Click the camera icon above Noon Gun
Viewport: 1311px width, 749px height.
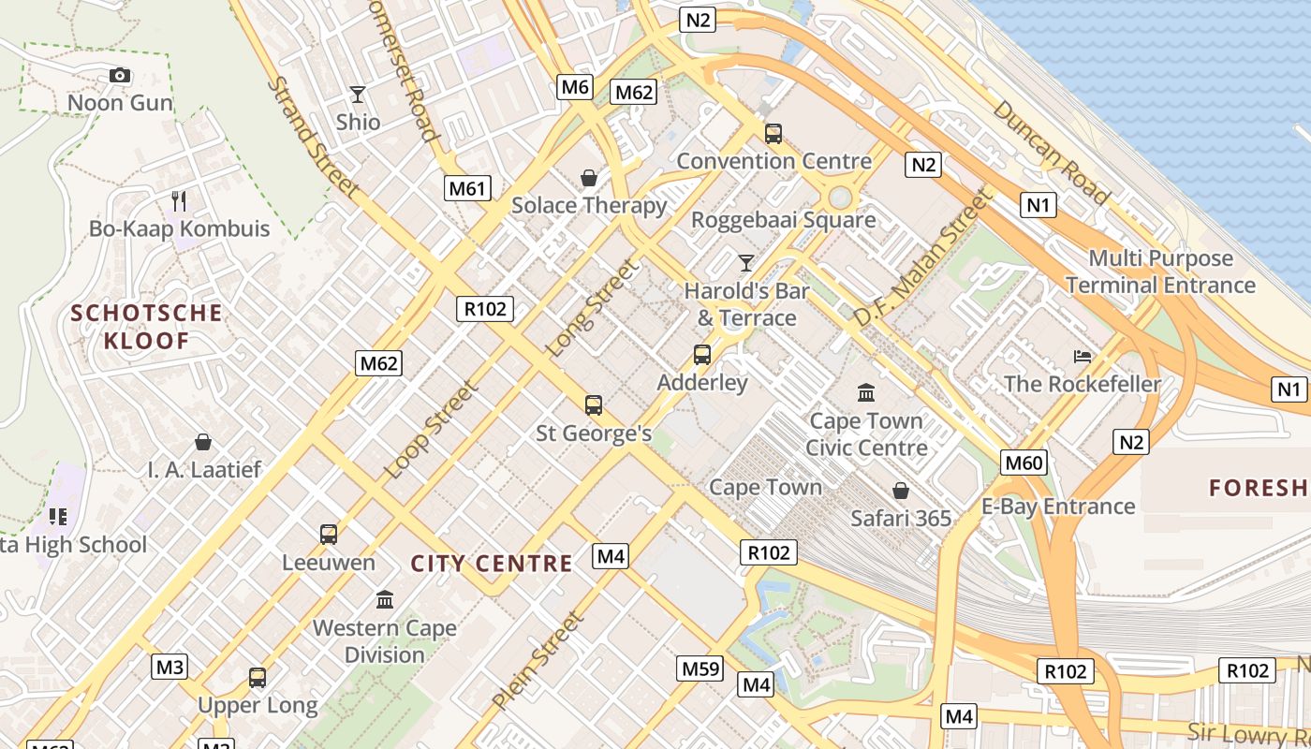[120, 75]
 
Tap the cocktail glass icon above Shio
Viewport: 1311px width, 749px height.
[357, 94]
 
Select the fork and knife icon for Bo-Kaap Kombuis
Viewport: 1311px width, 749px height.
[179, 200]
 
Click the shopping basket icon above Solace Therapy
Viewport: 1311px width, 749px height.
[589, 177]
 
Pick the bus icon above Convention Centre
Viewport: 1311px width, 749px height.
[773, 133]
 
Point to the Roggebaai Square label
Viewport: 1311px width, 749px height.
[784, 220]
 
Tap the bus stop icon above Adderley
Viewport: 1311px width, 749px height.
[702, 355]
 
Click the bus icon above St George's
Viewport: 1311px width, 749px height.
[594, 405]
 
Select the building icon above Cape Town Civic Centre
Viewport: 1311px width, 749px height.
[866, 392]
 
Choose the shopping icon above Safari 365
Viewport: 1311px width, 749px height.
[900, 490]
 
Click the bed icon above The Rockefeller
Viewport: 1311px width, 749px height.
[1083, 356]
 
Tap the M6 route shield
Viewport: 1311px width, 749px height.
[574, 87]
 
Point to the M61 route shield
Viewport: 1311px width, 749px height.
[467, 188]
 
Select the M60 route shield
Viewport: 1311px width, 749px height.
[1024, 462]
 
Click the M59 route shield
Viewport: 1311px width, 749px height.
[700, 668]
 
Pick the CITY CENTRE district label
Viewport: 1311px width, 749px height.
[492, 563]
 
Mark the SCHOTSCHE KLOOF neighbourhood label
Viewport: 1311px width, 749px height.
[147, 326]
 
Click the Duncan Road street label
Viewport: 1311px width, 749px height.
[1051, 152]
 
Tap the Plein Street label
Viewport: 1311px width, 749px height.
[538, 660]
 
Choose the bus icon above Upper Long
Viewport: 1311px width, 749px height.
[258, 677]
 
